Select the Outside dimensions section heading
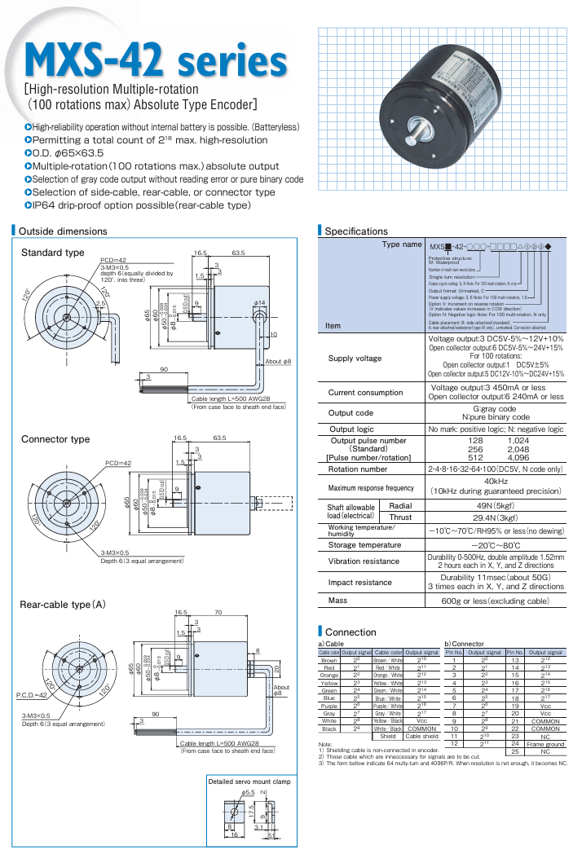pos(63,231)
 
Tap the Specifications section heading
pos(356,231)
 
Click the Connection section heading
pos(351,632)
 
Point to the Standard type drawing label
pos(52,253)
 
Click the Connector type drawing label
pos(55,439)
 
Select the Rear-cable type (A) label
pos(63,605)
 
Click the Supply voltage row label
pos(355,358)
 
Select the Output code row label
pos(351,413)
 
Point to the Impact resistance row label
pos(359,583)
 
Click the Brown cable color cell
pos(328,660)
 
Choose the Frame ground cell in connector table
pos(545,720)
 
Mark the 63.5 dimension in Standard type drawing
pos(238,253)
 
